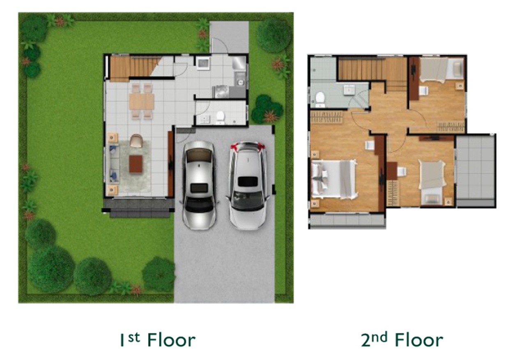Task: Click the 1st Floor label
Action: [x=158, y=339]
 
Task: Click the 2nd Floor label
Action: [x=402, y=339]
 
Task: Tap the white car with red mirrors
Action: [x=248, y=185]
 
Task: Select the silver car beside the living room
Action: [x=199, y=185]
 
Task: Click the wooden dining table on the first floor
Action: [x=141, y=101]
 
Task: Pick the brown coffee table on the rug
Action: [x=136, y=164]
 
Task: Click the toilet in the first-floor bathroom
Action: [x=221, y=116]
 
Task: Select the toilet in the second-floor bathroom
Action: [x=320, y=99]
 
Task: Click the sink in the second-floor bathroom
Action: [x=349, y=89]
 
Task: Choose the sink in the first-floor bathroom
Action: [x=205, y=119]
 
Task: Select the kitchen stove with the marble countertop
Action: [x=221, y=92]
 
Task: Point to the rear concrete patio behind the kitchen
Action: [x=229, y=37]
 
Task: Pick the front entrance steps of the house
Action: [x=139, y=209]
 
